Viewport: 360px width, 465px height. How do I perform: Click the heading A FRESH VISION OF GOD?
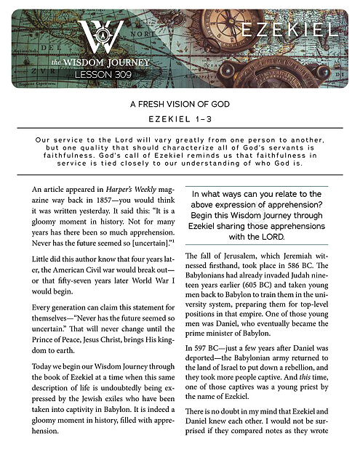pyautogui.click(x=180, y=105)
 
